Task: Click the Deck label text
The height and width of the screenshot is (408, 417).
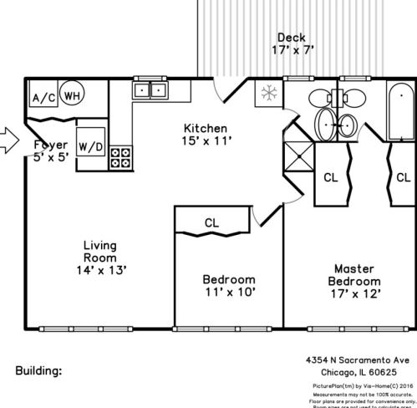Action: click(x=292, y=38)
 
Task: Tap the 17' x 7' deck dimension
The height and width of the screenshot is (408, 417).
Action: click(x=292, y=51)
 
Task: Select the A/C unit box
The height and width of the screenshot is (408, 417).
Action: click(x=43, y=98)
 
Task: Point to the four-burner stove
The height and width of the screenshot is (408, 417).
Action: click(x=120, y=156)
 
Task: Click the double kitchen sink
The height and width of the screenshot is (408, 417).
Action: click(x=150, y=89)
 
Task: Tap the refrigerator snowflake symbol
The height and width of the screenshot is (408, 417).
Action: click(x=269, y=92)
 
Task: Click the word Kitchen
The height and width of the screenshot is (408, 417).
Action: click(x=206, y=128)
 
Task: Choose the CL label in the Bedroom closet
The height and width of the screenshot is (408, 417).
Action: click(x=211, y=222)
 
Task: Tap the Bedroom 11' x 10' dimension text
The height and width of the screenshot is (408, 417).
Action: click(x=228, y=293)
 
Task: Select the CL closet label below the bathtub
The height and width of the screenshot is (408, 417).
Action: click(x=403, y=177)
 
